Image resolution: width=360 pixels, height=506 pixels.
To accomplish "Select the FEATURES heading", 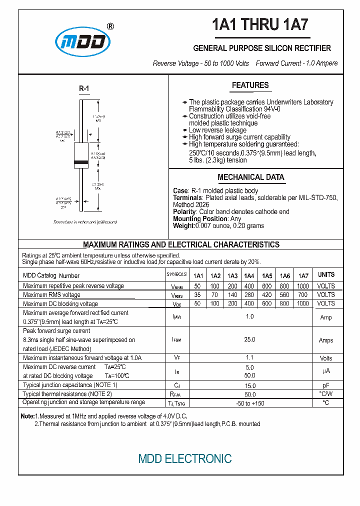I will pos(250,85).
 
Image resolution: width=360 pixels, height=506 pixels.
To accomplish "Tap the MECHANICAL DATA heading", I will pos(250,177).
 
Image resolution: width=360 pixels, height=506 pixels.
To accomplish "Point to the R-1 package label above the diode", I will pos(84,89).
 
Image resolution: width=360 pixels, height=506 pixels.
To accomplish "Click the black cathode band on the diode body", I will pos(81,162).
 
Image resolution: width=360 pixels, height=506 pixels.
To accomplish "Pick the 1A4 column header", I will pos(249,275).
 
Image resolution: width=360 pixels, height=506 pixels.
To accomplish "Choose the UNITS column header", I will pos(326,274).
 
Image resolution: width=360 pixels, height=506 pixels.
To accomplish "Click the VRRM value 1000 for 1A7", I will pos(303,286).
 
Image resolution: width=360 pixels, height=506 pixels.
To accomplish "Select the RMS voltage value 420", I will pos(267,294).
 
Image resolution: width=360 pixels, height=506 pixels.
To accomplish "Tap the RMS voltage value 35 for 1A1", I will pos(197,294).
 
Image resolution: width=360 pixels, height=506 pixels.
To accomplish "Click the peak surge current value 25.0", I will pos(249,339).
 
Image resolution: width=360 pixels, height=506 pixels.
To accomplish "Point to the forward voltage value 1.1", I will pos(250,357).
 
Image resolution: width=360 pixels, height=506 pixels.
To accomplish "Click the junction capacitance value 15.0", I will pos(250,385).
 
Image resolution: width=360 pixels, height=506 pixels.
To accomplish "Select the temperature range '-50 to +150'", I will pos(250,403).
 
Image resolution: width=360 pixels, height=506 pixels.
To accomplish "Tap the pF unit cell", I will pos(326,385).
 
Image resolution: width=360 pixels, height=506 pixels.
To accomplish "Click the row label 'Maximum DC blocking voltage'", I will pos(60,303).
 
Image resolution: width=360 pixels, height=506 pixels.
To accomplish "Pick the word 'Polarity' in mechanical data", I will pos(184,212).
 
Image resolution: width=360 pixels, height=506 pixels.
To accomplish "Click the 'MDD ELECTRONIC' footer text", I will pos(185,458).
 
